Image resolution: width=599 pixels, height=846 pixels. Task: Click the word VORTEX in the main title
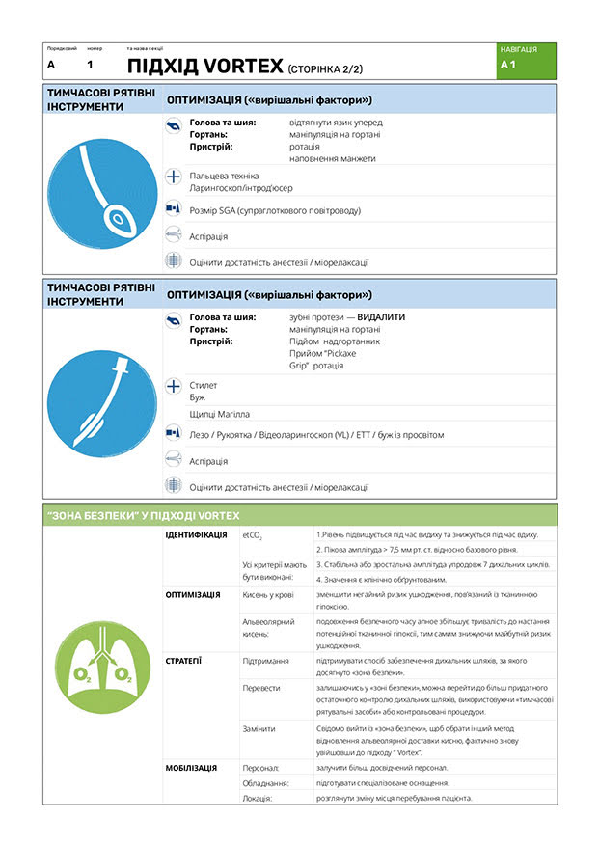tap(244, 66)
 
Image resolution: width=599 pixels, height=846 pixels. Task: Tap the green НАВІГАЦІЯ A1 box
tap(528, 60)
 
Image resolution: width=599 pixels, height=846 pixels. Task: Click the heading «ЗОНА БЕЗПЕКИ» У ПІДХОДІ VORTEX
tap(143, 515)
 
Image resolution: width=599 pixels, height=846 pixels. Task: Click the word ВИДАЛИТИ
tap(381, 316)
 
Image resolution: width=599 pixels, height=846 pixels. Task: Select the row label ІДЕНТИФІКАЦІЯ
tap(196, 534)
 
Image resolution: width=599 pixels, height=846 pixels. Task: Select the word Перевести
tap(261, 688)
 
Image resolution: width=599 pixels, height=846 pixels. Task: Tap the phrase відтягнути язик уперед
tap(335, 123)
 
